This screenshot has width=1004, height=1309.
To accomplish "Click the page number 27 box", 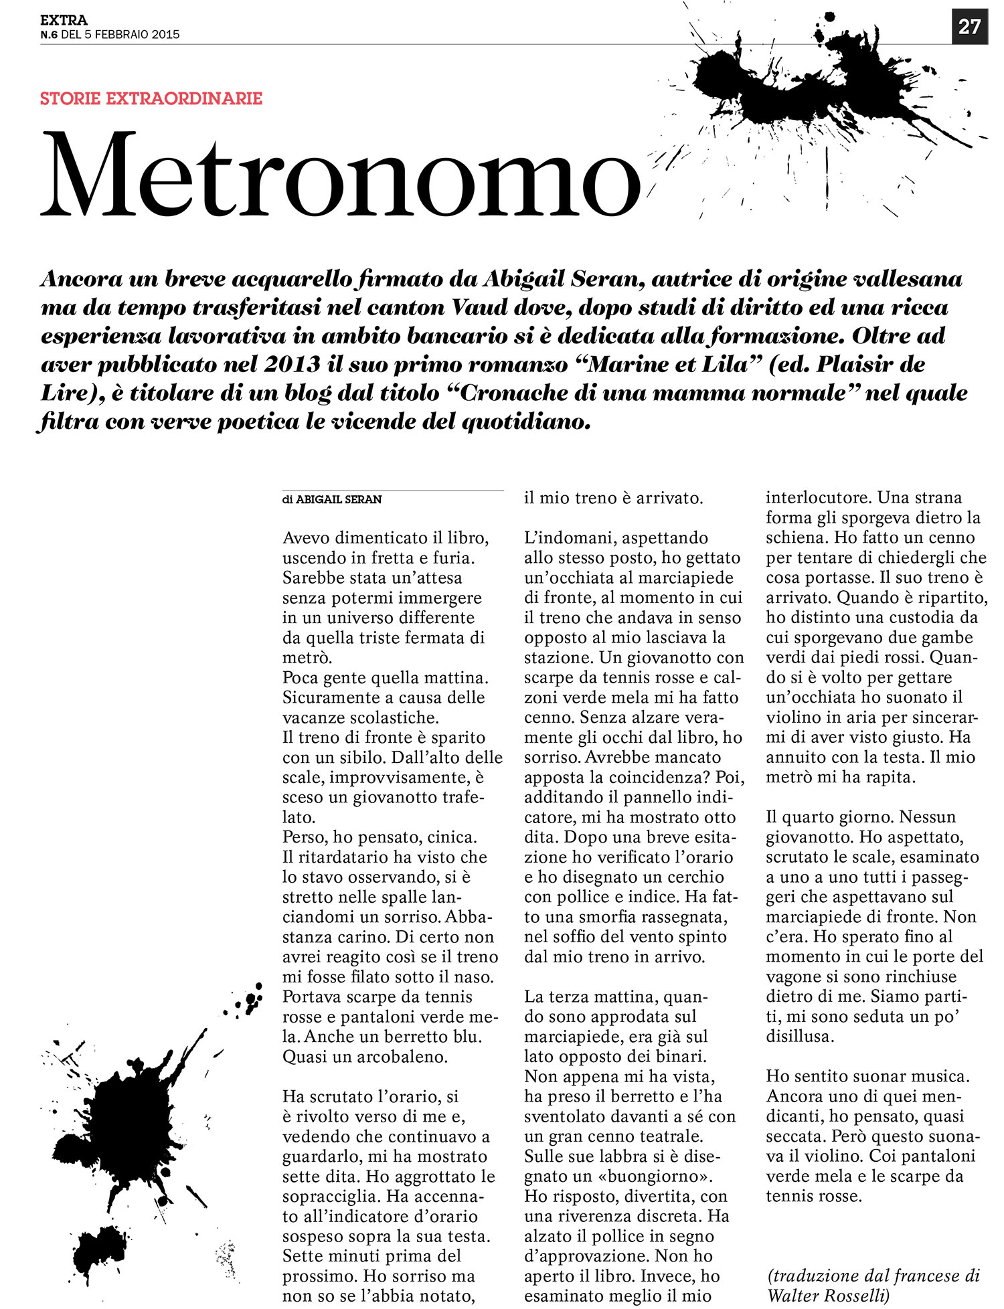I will tap(969, 27).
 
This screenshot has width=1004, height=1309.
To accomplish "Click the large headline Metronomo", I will tap(340, 175).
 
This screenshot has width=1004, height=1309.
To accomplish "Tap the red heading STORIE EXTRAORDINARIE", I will tap(151, 98).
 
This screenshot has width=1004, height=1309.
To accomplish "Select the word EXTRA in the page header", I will tap(64, 21).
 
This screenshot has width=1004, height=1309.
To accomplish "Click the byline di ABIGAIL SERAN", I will tap(332, 499).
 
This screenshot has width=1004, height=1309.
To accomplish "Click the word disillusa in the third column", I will tap(801, 1037).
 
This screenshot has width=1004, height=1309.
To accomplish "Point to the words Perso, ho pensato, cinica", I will tap(380, 837).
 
